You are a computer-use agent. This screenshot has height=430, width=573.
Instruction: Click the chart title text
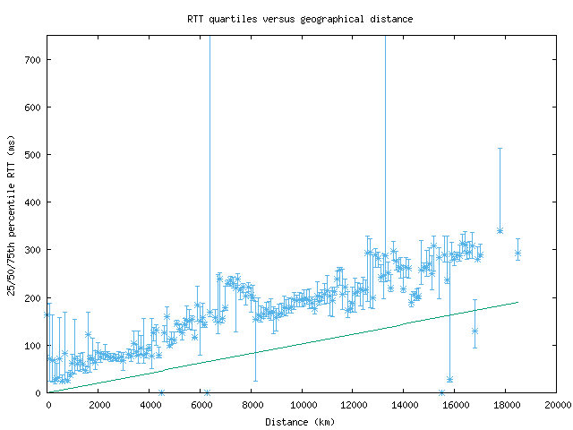tap(300, 18)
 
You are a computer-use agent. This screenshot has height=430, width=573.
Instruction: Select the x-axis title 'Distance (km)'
tap(301, 422)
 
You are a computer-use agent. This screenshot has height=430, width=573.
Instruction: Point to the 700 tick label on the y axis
tap(32, 60)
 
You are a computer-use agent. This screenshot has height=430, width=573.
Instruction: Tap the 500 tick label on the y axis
tap(32, 155)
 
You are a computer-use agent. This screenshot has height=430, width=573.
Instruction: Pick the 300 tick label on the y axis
tap(32, 250)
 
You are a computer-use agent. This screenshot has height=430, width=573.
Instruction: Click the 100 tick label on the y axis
tap(32, 345)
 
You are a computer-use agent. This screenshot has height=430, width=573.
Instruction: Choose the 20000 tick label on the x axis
tap(556, 405)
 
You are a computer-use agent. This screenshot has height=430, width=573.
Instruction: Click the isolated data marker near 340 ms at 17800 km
tap(500, 231)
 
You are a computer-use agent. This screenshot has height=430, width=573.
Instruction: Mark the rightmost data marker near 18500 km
tap(517, 254)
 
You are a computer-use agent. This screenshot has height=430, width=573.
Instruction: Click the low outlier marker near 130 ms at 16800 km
tap(475, 331)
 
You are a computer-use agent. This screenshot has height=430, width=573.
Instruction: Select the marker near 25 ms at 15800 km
tap(449, 380)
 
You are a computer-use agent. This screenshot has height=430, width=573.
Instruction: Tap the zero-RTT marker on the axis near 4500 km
tap(161, 392)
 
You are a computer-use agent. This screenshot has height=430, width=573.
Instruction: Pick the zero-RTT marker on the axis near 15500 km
tap(441, 392)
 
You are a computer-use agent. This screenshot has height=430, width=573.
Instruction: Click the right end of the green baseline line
tap(517, 302)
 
